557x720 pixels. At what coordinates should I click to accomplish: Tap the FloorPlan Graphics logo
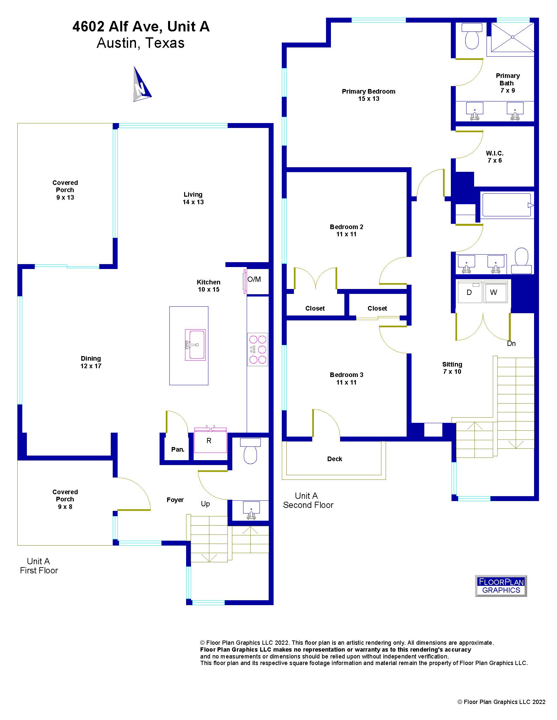click(x=501, y=586)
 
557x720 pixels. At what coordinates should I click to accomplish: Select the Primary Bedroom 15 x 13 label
click(x=368, y=95)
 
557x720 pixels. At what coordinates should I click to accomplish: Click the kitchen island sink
click(x=195, y=345)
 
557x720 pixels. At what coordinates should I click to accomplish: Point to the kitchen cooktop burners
click(x=258, y=350)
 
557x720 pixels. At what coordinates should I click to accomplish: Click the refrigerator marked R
click(x=210, y=440)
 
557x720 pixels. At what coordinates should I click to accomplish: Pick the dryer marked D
click(x=470, y=292)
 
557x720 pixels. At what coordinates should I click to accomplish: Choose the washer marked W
click(x=496, y=292)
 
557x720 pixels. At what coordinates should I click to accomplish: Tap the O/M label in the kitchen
click(x=254, y=279)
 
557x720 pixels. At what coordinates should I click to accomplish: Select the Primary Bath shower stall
click(x=512, y=37)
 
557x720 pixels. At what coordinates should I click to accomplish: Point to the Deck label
click(x=335, y=459)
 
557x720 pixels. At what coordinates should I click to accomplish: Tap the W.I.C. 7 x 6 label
click(x=495, y=156)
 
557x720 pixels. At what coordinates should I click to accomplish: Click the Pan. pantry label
click(x=178, y=449)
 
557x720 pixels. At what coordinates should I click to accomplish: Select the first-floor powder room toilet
click(x=250, y=451)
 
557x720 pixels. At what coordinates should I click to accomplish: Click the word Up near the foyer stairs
click(x=205, y=504)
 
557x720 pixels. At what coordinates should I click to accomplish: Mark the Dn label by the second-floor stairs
click(x=511, y=344)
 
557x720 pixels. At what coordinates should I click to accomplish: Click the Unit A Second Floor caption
click(x=308, y=500)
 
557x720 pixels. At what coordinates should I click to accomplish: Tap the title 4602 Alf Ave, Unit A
click(x=141, y=27)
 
